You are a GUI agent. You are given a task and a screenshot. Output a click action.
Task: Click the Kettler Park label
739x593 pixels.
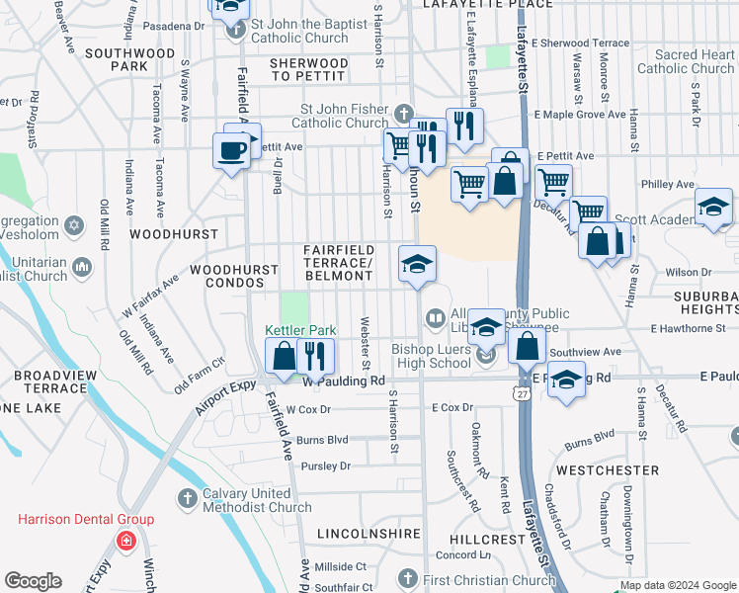pyautogui.click(x=300, y=330)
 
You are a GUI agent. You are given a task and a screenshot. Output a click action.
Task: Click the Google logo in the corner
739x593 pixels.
pyautogui.click(x=33, y=581)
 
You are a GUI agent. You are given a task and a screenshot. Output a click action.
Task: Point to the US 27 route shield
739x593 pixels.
pyautogui.click(x=520, y=393)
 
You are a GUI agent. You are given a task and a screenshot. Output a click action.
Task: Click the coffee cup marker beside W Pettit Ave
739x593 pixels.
pyautogui.click(x=232, y=152)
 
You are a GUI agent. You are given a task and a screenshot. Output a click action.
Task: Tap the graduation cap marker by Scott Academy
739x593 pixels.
pyautogui.click(x=712, y=208)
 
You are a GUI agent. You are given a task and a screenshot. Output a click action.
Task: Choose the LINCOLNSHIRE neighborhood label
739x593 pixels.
pyautogui.click(x=364, y=534)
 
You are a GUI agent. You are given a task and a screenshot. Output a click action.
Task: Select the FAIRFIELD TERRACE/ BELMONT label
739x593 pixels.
pyautogui.click(x=338, y=263)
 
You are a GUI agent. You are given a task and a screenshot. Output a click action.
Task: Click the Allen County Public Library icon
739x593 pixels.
pyautogui.click(x=434, y=317)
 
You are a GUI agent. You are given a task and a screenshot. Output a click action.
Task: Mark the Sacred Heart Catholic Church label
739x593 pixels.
pyautogui.click(x=686, y=62)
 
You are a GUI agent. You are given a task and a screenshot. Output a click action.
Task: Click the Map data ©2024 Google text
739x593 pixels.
pyautogui.click(x=678, y=585)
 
